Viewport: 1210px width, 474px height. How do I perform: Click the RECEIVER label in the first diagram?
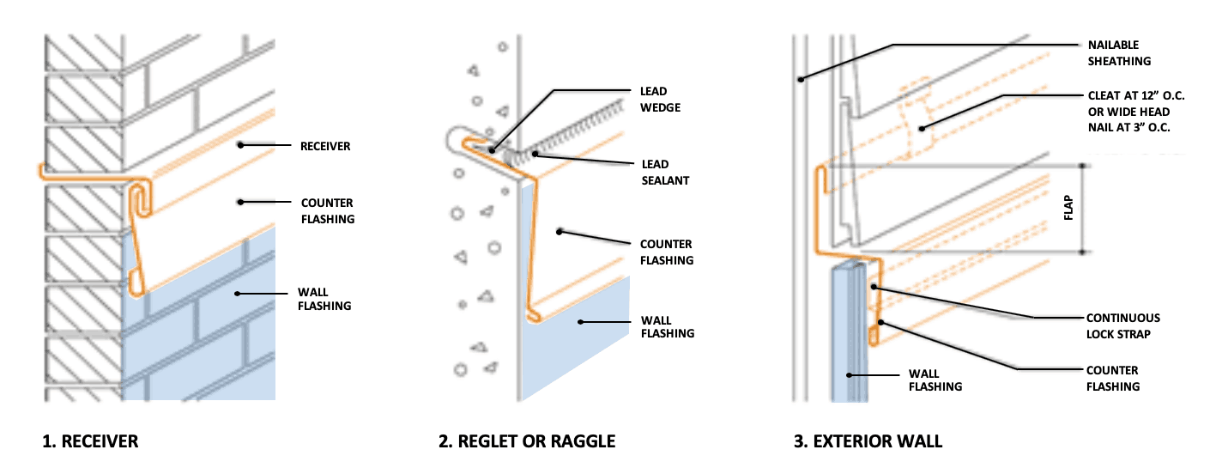(325, 146)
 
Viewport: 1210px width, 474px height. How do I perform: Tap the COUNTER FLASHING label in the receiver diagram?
(327, 210)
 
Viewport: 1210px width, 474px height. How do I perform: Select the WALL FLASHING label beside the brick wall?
(326, 299)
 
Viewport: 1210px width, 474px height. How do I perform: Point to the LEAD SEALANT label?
(667, 172)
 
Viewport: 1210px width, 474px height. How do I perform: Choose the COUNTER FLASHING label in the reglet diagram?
(666, 252)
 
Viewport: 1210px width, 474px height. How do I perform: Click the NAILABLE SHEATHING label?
(1119, 52)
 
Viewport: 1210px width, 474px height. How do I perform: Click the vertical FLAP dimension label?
(1068, 210)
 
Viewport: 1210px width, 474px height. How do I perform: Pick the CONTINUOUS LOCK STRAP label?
(1123, 325)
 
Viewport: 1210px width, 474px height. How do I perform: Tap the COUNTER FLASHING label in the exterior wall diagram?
(1113, 378)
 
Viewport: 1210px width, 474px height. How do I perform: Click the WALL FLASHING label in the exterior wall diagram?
(935, 380)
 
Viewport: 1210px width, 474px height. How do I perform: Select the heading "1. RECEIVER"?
(90, 442)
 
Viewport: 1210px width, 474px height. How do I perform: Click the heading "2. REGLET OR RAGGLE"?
(527, 442)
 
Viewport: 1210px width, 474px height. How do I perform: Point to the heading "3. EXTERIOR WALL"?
(868, 442)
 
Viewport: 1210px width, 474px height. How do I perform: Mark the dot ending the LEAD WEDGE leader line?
(493, 149)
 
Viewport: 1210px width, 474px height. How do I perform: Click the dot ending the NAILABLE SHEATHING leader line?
(799, 80)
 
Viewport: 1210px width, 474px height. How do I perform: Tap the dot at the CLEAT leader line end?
(922, 130)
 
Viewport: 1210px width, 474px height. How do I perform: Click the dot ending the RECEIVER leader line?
(243, 145)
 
